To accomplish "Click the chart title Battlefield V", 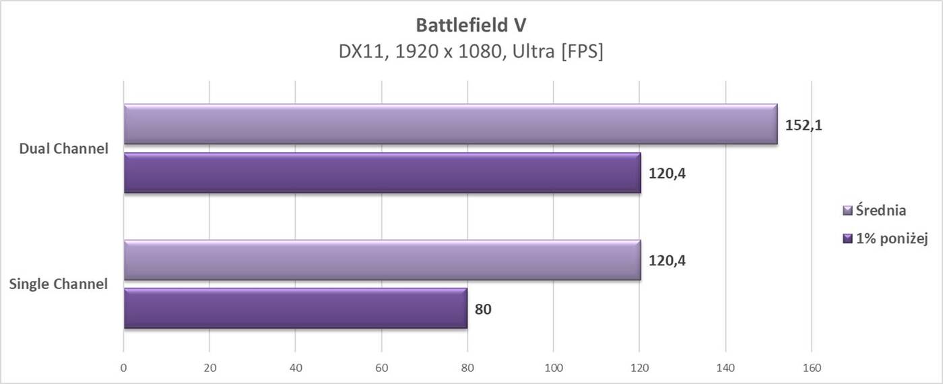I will (471, 26).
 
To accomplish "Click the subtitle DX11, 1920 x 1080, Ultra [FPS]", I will (471, 52).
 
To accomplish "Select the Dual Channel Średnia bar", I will (450, 124).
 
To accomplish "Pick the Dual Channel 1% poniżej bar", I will (382, 173).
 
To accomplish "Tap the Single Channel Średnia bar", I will (382, 260).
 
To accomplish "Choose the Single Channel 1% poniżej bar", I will (295, 309).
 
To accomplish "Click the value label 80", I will (483, 310).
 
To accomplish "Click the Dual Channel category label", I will (64, 149).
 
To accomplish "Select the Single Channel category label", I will (59, 284).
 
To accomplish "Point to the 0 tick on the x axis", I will (123, 368).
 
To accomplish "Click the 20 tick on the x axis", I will (209, 368).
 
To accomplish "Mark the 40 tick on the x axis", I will (295, 368).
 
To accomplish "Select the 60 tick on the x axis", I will (381, 368).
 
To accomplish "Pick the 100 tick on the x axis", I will (553, 368).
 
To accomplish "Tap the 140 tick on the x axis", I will (725, 368).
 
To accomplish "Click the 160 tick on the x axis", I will (812, 368).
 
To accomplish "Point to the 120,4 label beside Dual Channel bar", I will (667, 174).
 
